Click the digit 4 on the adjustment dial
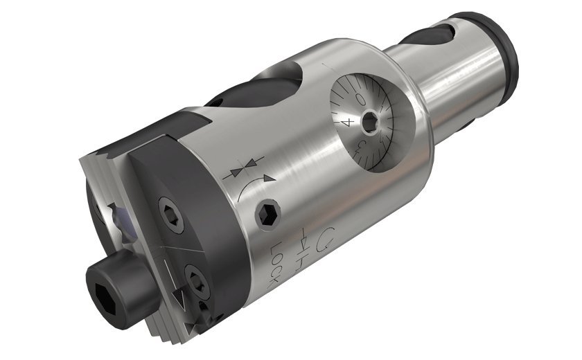point(348,122)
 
